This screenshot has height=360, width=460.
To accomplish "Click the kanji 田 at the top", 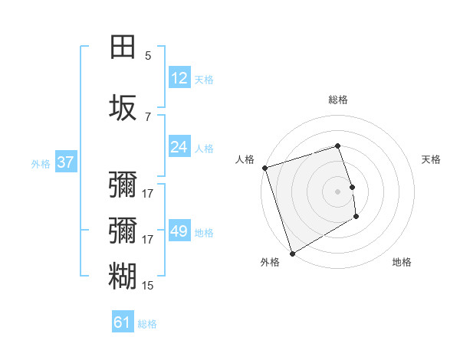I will (x=123, y=47).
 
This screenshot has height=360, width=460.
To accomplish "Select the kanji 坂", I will (x=123, y=108).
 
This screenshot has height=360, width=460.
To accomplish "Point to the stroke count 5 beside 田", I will (x=148, y=55).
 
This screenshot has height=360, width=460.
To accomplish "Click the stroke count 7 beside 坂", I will (x=148, y=116).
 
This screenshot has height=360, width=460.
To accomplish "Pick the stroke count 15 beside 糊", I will (x=148, y=285).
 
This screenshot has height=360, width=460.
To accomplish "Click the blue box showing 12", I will (x=179, y=78).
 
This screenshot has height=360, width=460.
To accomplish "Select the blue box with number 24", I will (x=179, y=147).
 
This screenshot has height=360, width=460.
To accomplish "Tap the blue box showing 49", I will (x=179, y=231).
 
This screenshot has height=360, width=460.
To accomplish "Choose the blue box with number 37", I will (x=65, y=162).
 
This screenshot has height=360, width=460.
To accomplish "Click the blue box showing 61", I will (x=123, y=322).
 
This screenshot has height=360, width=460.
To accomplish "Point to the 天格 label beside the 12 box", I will (x=204, y=79).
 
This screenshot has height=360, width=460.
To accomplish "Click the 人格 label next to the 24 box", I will (x=204, y=148).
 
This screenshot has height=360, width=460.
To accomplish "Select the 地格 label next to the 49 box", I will (x=204, y=232).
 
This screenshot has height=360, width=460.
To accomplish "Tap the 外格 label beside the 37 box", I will (x=41, y=163).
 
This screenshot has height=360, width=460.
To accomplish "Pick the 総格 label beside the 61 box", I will (x=147, y=323).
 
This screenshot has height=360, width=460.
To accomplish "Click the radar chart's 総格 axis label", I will (x=338, y=100).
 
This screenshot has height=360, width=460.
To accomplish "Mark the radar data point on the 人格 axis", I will (x=264, y=168).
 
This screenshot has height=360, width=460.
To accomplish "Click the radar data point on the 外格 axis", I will (x=292, y=253).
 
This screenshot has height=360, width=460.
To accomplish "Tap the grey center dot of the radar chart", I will (x=338, y=191).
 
